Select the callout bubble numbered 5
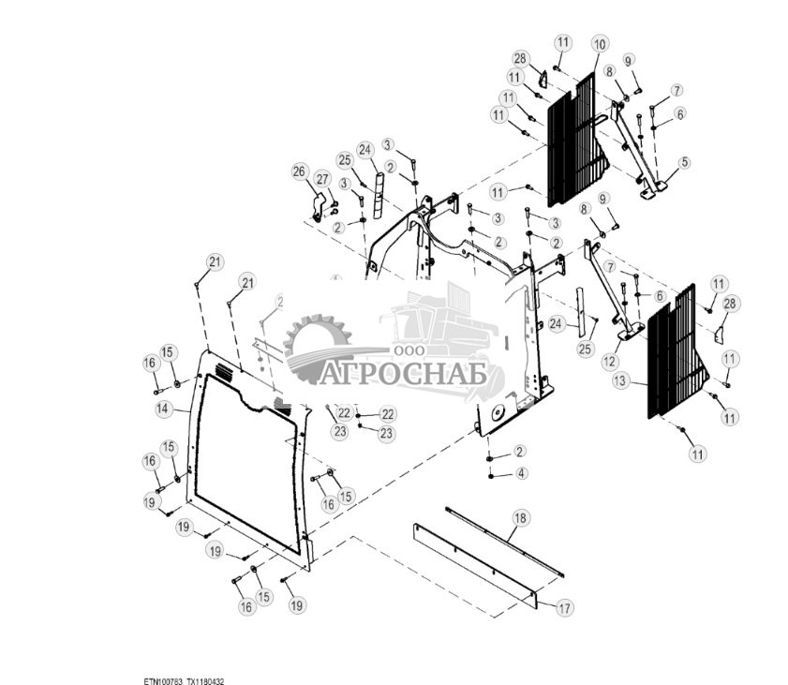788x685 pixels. pyautogui.click(x=684, y=162)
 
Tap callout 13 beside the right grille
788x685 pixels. pyautogui.click(x=619, y=382)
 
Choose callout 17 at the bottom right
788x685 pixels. pyautogui.click(x=564, y=608)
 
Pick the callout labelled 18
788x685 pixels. pyautogui.click(x=521, y=517)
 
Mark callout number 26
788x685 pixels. pyautogui.click(x=299, y=171)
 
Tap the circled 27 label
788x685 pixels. pyautogui.click(x=322, y=179)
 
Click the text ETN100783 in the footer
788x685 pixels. pyautogui.click(x=162, y=680)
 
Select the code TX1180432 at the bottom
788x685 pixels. pyautogui.click(x=205, y=680)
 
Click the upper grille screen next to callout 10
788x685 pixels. pyautogui.click(x=572, y=141)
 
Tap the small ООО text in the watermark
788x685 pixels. pyautogui.click(x=405, y=350)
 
